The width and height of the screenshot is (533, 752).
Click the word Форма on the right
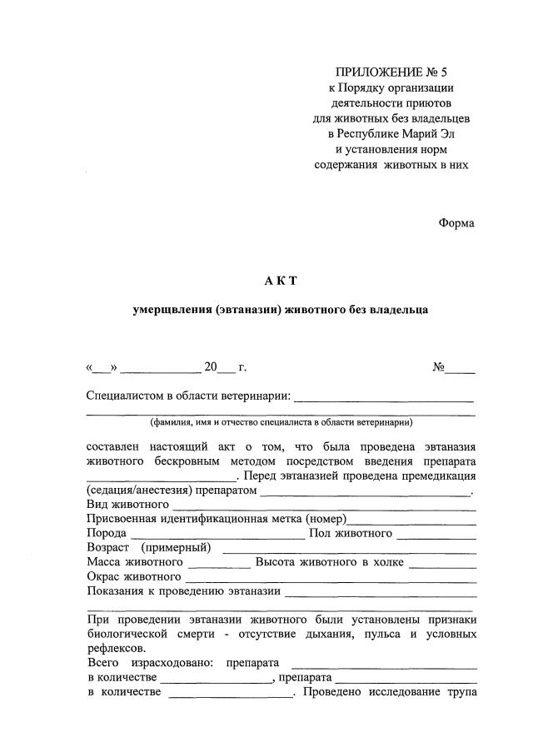point(456,223)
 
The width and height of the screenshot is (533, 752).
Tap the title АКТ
point(281,281)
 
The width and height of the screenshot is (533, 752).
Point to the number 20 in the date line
point(211,366)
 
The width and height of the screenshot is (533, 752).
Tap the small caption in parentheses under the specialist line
point(281,422)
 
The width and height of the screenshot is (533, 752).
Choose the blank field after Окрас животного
point(331,577)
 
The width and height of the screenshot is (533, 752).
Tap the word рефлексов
point(115,649)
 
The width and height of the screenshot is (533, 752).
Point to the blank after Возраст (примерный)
point(350,549)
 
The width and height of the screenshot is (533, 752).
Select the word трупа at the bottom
point(460,694)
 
